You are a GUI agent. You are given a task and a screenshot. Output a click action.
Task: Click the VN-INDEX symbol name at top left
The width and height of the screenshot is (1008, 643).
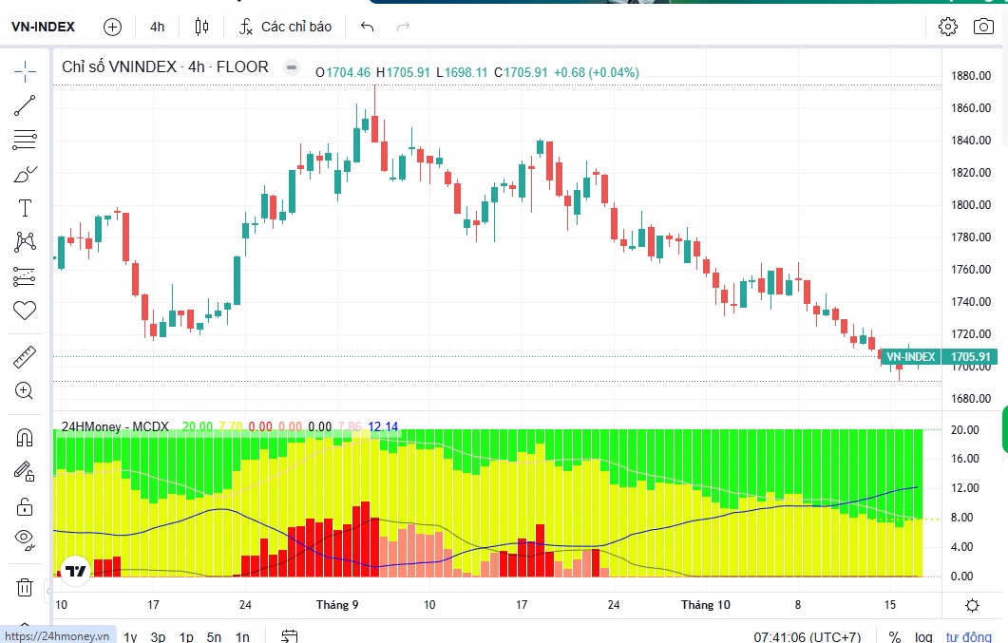tap(43, 27)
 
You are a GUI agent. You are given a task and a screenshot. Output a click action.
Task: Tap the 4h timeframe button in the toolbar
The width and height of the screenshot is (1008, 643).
tap(157, 27)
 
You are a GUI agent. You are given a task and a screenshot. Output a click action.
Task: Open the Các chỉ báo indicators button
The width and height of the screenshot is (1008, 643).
tap(285, 27)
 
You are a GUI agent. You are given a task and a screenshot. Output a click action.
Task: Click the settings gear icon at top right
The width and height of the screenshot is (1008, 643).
tap(947, 27)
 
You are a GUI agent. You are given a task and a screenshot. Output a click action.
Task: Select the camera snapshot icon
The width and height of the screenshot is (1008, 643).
tap(983, 27)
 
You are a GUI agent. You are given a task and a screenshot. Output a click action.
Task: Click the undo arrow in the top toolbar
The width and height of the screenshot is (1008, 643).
tap(367, 27)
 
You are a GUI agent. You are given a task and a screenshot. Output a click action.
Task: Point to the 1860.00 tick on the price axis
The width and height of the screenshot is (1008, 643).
tap(971, 108)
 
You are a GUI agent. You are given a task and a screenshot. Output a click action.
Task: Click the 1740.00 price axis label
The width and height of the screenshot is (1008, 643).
tap(971, 301)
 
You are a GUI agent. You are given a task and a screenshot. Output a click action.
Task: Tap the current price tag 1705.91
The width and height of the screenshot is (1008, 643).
tap(971, 356)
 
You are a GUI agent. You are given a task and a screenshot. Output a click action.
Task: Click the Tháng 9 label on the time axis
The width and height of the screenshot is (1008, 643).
tap(337, 604)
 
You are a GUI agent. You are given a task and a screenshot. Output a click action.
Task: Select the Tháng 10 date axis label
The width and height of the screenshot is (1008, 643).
tap(706, 604)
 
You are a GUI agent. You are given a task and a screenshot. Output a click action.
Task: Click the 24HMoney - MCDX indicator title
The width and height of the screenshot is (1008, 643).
tap(115, 426)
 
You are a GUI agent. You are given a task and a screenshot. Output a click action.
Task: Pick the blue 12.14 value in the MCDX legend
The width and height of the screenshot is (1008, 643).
tap(383, 426)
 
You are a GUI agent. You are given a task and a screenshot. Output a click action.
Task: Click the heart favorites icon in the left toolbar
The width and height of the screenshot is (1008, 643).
tap(25, 311)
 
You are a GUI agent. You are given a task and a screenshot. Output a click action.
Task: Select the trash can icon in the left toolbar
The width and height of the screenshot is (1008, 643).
tap(25, 587)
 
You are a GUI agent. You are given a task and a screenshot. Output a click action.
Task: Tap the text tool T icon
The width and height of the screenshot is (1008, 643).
tap(25, 208)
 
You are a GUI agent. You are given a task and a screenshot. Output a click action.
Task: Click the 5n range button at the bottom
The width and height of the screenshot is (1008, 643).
tap(214, 636)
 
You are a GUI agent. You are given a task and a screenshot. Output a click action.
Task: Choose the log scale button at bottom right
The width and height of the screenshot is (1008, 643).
tap(923, 636)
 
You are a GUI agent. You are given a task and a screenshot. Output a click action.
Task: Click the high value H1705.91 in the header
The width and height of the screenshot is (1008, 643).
tap(403, 72)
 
